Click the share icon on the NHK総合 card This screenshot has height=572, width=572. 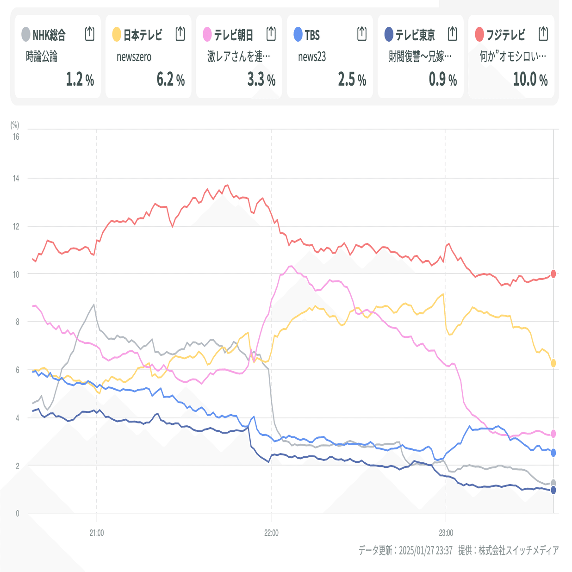[90, 34]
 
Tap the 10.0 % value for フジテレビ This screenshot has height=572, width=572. [530, 80]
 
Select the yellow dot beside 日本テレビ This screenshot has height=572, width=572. [117, 34]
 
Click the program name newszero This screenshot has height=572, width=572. [134, 57]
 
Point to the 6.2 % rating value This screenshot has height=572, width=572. [170, 80]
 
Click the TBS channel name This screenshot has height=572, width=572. [312, 35]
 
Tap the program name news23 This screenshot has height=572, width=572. [312, 57]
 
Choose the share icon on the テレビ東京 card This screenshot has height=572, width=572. [453, 34]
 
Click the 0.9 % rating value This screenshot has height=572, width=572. [442, 80]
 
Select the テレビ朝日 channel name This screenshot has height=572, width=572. [233, 35]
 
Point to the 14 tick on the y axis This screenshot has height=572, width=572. [16, 179]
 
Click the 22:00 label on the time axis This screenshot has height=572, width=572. [271, 533]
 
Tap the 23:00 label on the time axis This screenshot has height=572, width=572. [446, 533]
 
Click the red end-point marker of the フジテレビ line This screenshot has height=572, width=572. [553, 274]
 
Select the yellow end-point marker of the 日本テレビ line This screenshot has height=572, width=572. [553, 363]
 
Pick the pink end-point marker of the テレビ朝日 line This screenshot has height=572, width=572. [553, 434]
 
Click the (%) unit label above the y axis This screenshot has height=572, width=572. [15, 124]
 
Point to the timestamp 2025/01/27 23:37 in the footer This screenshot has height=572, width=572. [425, 550]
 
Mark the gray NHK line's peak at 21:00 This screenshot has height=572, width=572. [94, 305]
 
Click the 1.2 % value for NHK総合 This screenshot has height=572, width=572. [80, 80]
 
